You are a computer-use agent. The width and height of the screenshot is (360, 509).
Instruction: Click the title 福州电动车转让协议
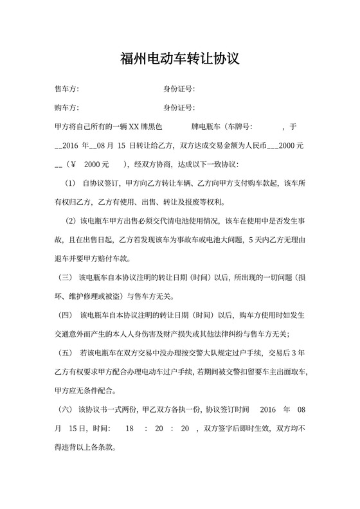(179, 59)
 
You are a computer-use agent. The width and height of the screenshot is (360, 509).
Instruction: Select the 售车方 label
(67, 89)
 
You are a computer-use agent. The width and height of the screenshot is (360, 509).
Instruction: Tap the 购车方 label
(67, 107)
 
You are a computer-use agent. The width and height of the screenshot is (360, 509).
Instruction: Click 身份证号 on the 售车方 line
(179, 89)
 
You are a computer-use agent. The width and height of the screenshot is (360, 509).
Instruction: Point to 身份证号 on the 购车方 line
(179, 107)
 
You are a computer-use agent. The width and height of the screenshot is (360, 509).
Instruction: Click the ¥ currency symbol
(73, 164)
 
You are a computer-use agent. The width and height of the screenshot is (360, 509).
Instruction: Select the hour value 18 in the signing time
(130, 428)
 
